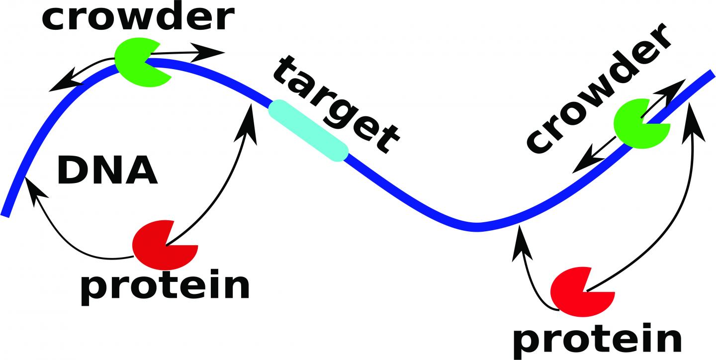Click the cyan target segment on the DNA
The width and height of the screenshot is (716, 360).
308,131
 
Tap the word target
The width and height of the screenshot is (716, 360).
336,103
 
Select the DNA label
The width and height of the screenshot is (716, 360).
107,170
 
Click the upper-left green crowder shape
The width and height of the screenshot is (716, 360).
139,62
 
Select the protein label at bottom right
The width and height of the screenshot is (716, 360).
597,340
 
